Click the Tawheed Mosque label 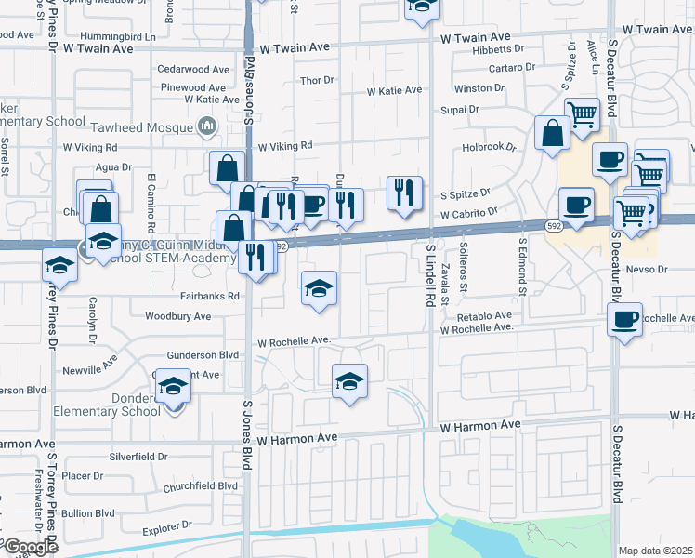pos(139,125)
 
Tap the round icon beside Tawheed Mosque pos(207,126)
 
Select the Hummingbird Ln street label pos(117,35)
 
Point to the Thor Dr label pos(317,81)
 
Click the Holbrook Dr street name pos(489,147)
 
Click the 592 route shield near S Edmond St pos(554,225)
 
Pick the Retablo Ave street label pos(478,315)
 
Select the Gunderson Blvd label pos(203,355)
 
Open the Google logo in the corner pos(30,547)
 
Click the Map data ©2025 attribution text pos(655,551)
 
